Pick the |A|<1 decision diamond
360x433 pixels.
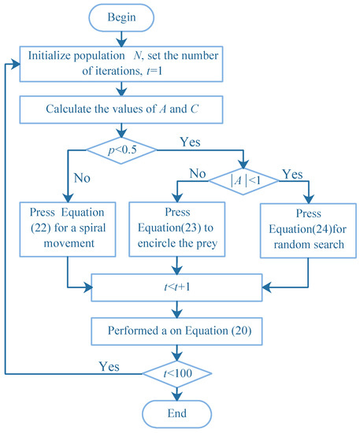pyautogui.click(x=246, y=181)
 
